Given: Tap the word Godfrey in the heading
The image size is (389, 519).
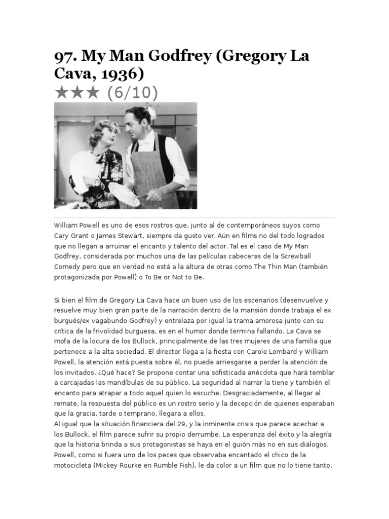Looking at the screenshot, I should coord(167,56).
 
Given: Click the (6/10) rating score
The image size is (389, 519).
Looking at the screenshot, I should coord(132,93).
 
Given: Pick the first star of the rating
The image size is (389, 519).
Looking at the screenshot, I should coord(61,93).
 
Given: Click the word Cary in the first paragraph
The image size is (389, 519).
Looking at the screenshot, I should coord(62,236).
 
